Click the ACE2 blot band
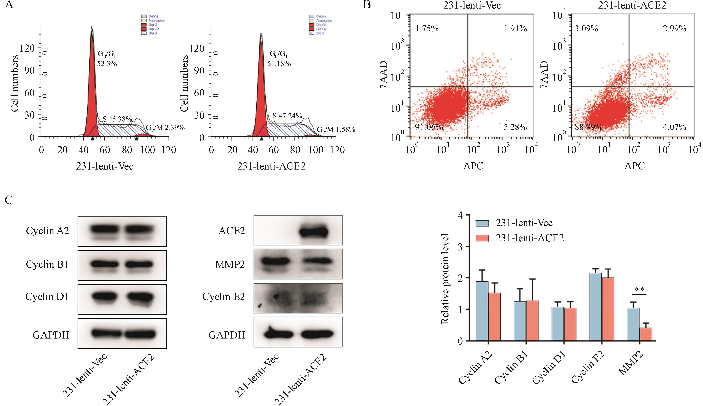pos(313,231)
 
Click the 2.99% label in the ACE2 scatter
pos(674,28)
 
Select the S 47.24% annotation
pos(287,116)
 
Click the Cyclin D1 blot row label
pos(47,297)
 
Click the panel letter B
pos(367,5)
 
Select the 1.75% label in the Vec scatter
pos(427,28)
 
